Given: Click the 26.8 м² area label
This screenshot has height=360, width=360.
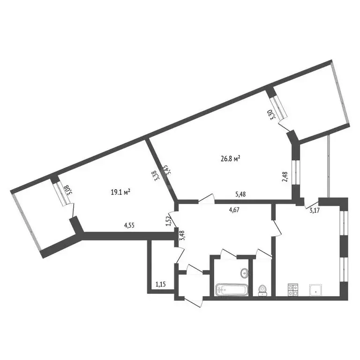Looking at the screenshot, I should [x=230, y=159].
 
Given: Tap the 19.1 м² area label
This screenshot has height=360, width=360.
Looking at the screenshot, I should [x=120, y=191].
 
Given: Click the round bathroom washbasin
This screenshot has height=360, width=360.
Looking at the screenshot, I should [x=244, y=273].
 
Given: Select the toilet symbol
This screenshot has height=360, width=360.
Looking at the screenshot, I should [x=262, y=290].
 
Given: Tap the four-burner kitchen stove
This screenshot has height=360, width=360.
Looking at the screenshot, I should [x=292, y=290].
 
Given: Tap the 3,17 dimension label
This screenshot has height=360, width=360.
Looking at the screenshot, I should [x=315, y=210].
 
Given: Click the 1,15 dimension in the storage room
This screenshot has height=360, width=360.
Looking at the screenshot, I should [x=161, y=284].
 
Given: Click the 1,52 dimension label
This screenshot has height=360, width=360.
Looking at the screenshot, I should [x=170, y=220].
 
